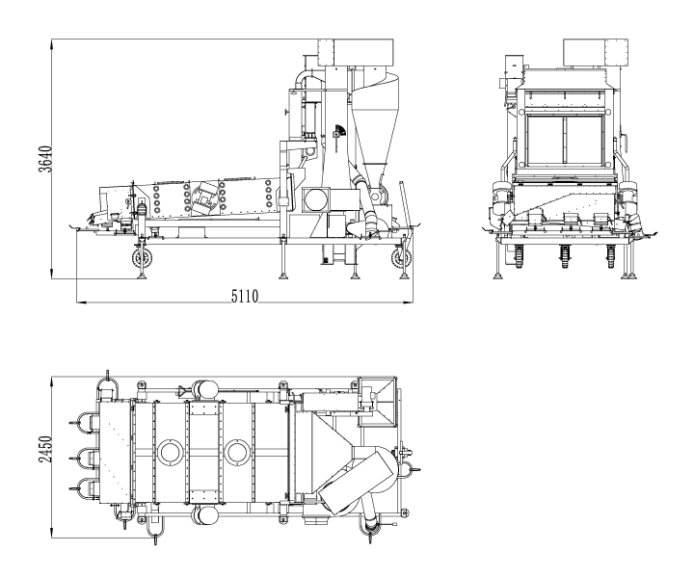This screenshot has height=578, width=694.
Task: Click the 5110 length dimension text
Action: pos(244,296)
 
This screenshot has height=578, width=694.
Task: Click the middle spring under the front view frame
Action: pos(564,254)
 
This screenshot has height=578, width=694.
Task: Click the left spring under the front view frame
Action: pos(518,254)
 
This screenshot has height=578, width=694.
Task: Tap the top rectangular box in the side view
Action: pos(355,53)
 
